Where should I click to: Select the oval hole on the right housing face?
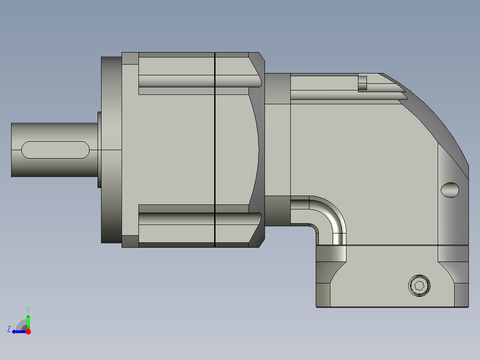point(450,190)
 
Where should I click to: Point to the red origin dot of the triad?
point(28,331)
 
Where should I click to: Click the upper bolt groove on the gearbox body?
point(196,81)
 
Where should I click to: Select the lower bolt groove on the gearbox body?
point(196,218)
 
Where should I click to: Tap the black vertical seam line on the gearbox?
point(215,149)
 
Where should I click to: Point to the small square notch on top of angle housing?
point(362,83)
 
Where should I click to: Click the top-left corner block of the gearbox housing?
point(130,58)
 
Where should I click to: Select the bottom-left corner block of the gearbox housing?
point(130,241)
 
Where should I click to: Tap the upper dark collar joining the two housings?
point(277,89)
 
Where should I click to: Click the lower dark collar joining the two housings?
point(277,210)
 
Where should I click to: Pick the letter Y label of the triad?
point(28,309)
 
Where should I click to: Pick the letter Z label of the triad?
point(9,329)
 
